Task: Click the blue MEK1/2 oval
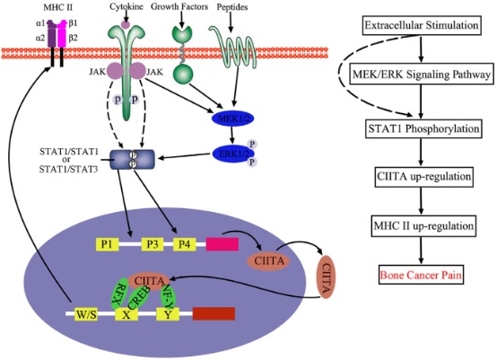(x=232, y=119)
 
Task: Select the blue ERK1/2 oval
(x=232, y=154)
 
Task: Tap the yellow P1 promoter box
(x=107, y=244)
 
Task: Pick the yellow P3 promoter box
(x=153, y=244)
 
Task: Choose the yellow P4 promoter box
(x=185, y=244)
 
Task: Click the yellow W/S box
(x=86, y=314)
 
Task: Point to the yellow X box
(x=126, y=314)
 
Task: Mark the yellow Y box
(x=168, y=314)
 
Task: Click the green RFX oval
(x=119, y=294)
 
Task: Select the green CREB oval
(x=140, y=297)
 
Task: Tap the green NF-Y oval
(x=169, y=295)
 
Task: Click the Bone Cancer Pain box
(x=421, y=275)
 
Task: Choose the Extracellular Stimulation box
(x=422, y=25)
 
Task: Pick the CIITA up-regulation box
(x=423, y=176)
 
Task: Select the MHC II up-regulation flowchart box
(x=423, y=226)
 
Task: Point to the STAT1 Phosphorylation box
(x=423, y=128)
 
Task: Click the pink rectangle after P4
(x=222, y=244)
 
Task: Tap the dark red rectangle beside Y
(x=214, y=313)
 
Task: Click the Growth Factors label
(x=179, y=6)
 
